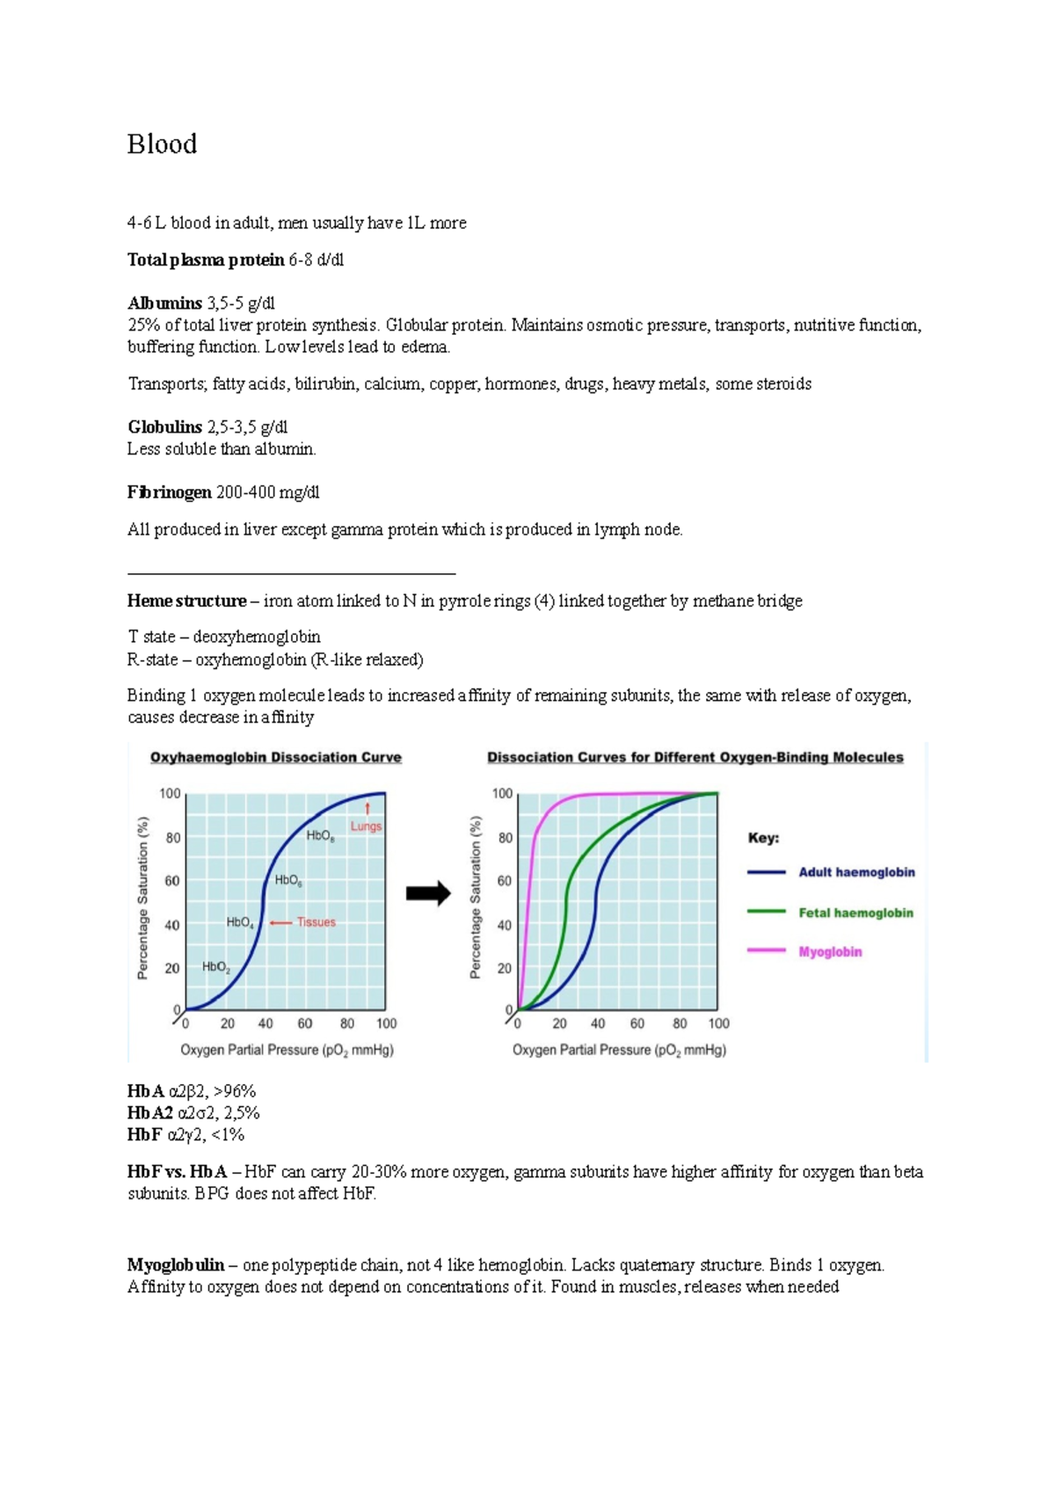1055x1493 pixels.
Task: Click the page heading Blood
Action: click(x=162, y=144)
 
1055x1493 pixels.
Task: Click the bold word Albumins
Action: click(x=164, y=303)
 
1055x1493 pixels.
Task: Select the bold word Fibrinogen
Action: click(x=169, y=492)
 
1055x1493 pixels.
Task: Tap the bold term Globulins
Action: click(x=164, y=427)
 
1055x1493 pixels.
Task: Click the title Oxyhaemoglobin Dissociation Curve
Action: click(x=275, y=757)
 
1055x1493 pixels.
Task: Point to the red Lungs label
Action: click(x=366, y=827)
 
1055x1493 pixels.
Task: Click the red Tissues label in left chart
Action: click(x=316, y=922)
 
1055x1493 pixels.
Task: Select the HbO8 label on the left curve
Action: click(x=320, y=836)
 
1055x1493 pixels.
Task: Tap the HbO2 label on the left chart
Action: click(x=216, y=967)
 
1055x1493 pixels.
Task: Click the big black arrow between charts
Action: click(x=428, y=894)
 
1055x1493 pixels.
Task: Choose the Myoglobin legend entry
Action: click(x=830, y=951)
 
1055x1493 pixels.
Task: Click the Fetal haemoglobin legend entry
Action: click(x=855, y=913)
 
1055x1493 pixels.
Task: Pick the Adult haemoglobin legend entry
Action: click(x=856, y=872)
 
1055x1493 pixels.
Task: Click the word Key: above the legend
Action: click(x=763, y=838)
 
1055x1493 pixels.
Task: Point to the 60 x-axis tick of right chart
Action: click(x=637, y=1023)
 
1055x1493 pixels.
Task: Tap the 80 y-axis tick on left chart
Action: click(x=173, y=838)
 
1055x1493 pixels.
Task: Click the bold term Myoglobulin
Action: click(x=175, y=1265)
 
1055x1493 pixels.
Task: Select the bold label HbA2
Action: click(x=149, y=1113)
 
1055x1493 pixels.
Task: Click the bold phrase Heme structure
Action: click(x=186, y=601)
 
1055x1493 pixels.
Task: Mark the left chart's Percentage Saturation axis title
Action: click(x=142, y=897)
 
